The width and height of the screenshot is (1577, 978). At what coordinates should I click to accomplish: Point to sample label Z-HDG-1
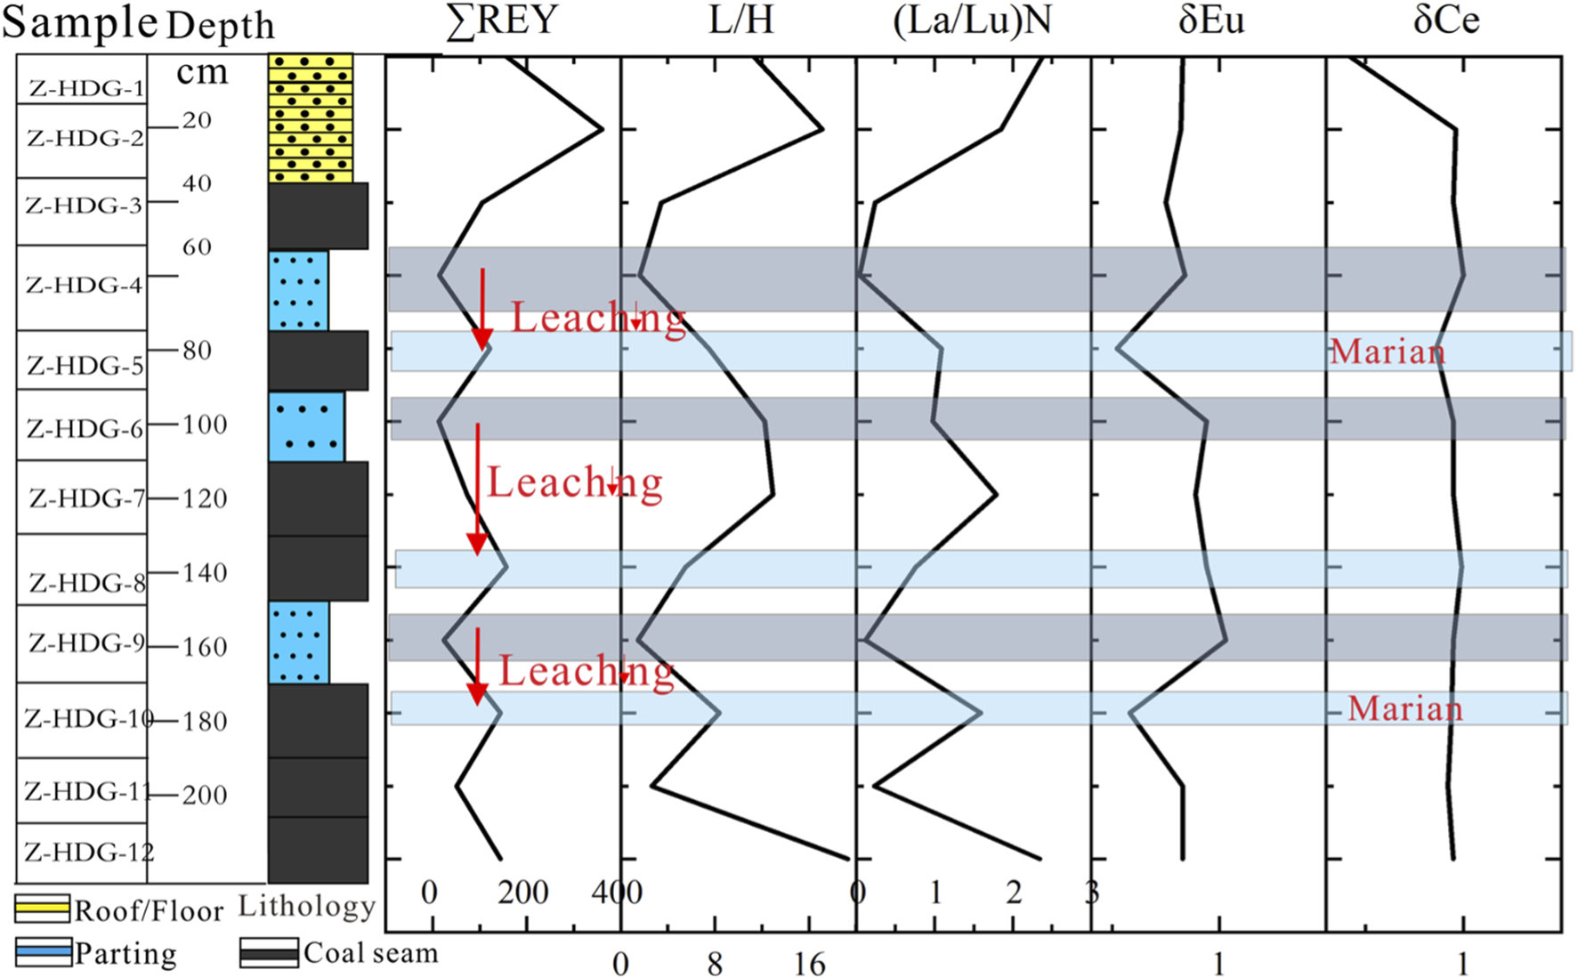coord(85,88)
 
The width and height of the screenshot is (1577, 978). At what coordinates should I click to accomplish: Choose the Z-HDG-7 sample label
coord(86,497)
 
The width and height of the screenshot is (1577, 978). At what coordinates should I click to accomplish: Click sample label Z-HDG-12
coord(88,853)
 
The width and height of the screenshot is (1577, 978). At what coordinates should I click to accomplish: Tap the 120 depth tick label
coord(205,498)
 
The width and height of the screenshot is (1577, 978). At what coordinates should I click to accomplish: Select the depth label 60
coord(197,247)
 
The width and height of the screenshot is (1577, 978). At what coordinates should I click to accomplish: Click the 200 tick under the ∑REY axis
coord(522,893)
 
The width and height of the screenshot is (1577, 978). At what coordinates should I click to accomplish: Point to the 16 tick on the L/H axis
coord(809,964)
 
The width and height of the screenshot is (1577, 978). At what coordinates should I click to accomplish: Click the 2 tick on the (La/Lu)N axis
coord(1014,893)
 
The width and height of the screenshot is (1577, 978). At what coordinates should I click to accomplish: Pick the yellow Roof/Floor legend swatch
coord(42,909)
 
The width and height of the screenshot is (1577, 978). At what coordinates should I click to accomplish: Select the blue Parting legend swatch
coord(43,951)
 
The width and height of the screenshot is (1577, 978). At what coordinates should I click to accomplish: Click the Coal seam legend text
coord(370,953)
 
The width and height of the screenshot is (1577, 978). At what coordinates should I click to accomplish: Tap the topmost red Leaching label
coord(598,319)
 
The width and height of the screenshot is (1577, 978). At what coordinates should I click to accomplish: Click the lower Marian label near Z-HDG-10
coord(1404,709)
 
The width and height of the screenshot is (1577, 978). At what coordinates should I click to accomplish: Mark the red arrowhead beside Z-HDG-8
coord(477,544)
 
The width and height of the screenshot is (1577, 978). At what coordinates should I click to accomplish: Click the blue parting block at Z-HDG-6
coord(306,427)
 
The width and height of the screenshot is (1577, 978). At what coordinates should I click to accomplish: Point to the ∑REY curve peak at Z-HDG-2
coord(602,129)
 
